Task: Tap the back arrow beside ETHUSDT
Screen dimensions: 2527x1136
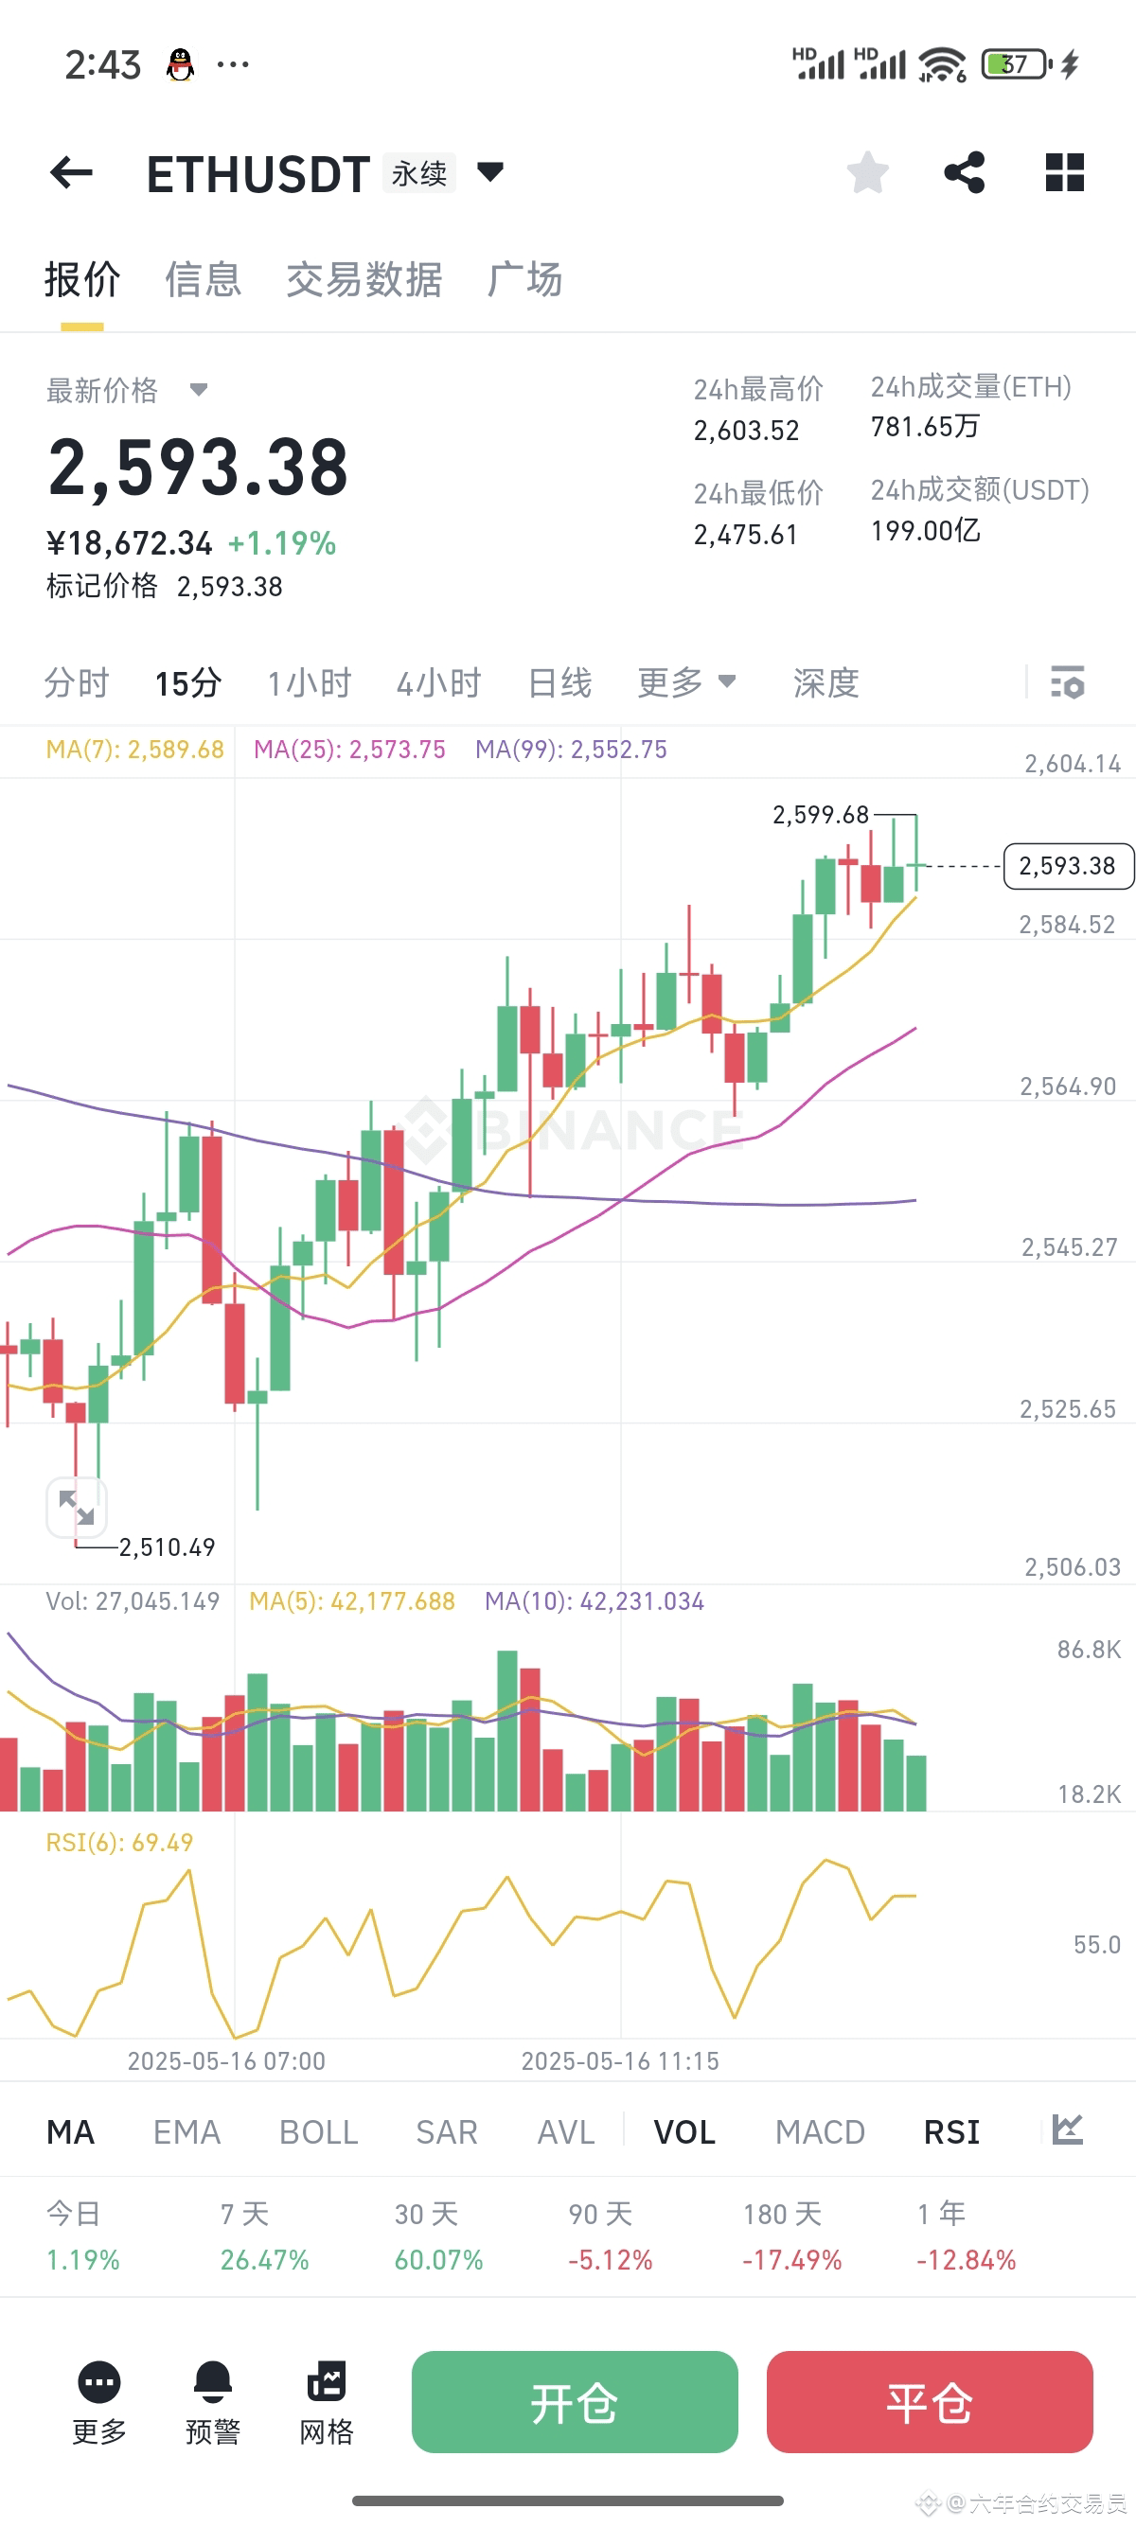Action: click(72, 172)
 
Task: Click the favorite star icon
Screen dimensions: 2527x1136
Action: click(867, 172)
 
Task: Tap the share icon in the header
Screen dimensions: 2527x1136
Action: click(965, 172)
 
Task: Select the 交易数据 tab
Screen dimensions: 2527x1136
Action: click(364, 279)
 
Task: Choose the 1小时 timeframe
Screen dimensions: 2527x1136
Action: click(309, 682)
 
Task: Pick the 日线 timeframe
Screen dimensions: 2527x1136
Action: click(559, 682)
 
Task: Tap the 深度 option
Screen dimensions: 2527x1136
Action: click(826, 682)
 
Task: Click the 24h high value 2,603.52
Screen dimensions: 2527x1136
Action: click(747, 431)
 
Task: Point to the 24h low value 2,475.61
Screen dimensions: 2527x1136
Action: click(746, 535)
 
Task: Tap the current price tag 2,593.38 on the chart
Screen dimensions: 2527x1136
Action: click(1067, 866)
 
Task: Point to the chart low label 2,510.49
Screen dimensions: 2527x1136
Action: click(167, 1547)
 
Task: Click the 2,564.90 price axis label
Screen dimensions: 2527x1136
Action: click(1067, 1086)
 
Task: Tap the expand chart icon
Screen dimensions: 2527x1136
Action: click(77, 1507)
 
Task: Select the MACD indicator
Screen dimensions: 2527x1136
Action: click(820, 2131)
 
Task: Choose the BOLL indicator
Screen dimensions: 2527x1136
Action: click(319, 2131)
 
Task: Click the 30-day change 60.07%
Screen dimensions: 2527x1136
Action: click(438, 2259)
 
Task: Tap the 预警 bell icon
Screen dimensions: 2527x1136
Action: click(213, 2383)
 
